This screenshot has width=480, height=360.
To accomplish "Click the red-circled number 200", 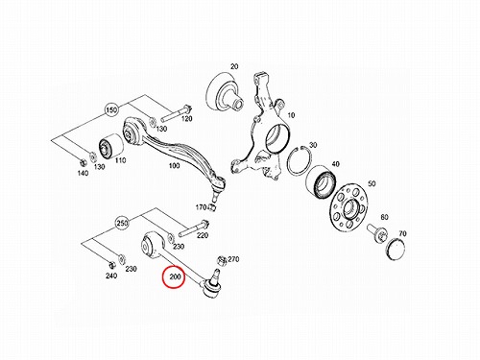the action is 175,276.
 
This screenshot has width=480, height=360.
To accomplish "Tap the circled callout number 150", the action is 111,110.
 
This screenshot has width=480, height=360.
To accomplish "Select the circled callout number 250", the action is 122,223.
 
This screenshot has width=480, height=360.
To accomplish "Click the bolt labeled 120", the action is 176,113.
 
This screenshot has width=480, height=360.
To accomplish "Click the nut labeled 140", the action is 82,162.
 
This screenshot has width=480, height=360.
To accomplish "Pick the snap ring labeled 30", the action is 300,162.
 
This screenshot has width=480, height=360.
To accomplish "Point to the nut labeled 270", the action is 222,261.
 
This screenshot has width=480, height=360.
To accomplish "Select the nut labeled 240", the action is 111,265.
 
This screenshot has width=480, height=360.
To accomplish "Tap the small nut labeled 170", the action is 212,208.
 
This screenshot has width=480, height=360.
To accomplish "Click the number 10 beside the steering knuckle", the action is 291,115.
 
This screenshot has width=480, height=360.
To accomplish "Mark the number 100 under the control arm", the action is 174,166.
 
